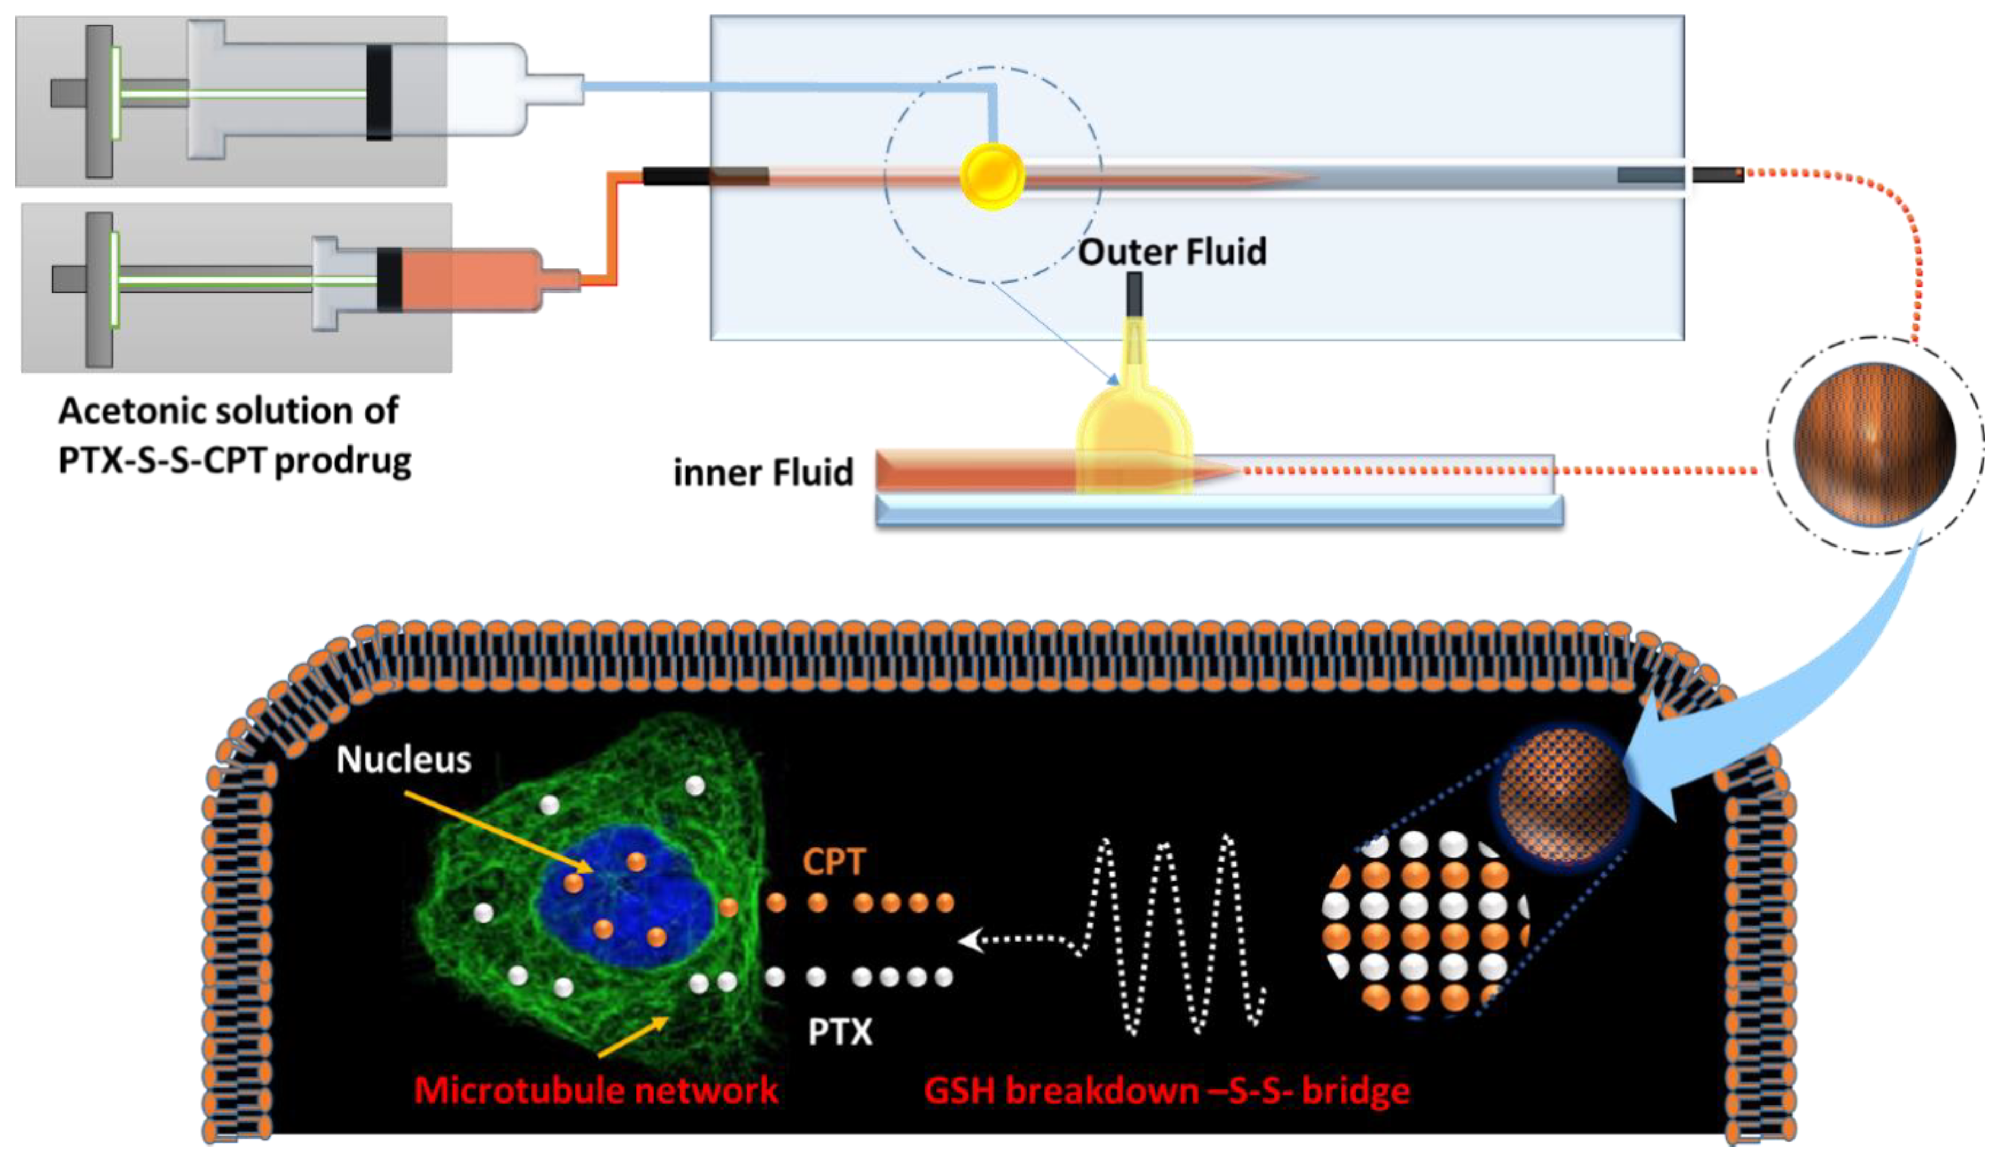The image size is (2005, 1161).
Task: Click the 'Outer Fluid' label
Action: pyautogui.click(x=1171, y=252)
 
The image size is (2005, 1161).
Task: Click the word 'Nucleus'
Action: pyautogui.click(x=403, y=759)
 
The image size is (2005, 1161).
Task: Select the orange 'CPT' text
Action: pyautogui.click(x=833, y=862)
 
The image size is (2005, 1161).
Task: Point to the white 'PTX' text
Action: pyautogui.click(x=840, y=1032)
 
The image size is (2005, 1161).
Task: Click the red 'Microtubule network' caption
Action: pyautogui.click(x=595, y=1089)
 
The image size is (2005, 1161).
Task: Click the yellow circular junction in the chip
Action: pyautogui.click(x=991, y=176)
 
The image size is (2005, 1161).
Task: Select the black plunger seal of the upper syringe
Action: pyautogui.click(x=379, y=92)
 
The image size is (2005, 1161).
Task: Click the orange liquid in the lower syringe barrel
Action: pyautogui.click(x=469, y=280)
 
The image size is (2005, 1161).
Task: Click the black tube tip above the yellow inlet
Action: pyautogui.click(x=1134, y=294)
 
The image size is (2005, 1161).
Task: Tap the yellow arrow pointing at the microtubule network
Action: pyautogui.click(x=632, y=1037)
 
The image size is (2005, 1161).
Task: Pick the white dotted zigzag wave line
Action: pyautogui.click(x=1170, y=935)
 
